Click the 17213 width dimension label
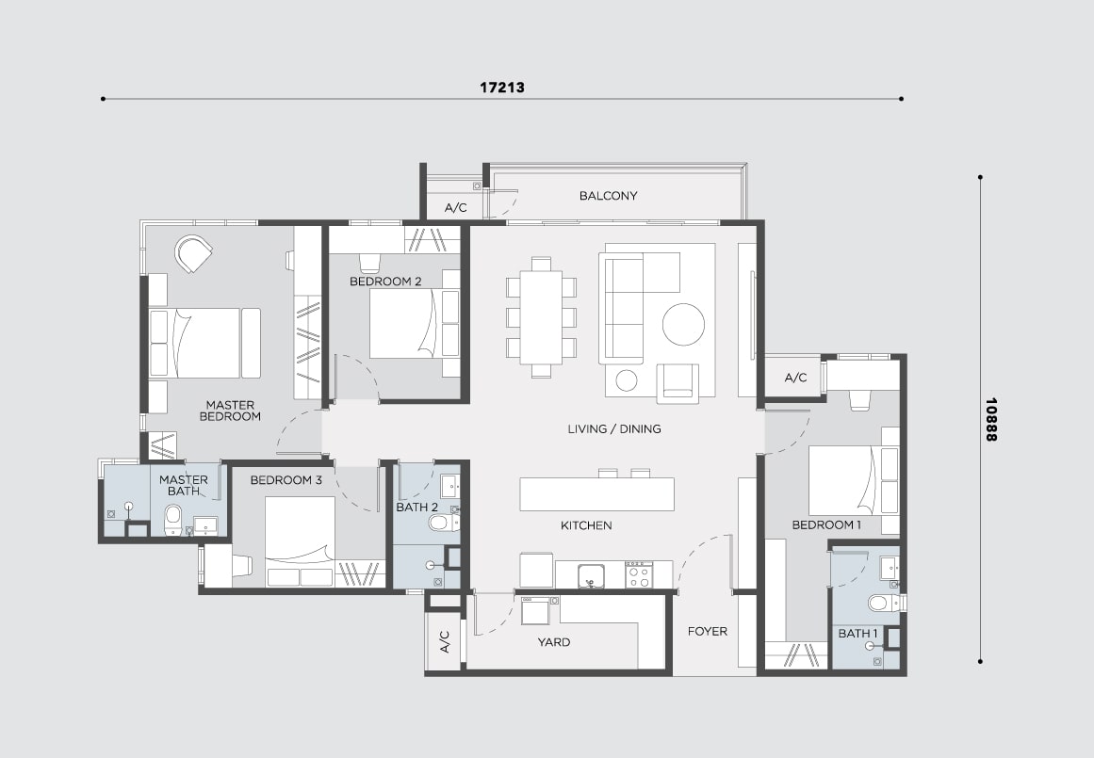(501, 88)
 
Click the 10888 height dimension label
(990, 419)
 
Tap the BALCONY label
(609, 196)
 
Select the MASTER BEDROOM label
(230, 411)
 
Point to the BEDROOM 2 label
(385, 282)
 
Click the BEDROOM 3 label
(286, 480)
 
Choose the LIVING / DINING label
(614, 428)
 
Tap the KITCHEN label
(586, 525)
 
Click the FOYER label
(708, 631)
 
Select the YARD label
(554, 642)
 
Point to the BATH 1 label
(858, 633)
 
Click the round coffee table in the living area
(684, 324)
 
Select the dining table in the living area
(542, 317)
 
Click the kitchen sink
(590, 576)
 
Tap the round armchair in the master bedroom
(192, 253)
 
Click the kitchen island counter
(597, 493)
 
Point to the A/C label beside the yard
(445, 641)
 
